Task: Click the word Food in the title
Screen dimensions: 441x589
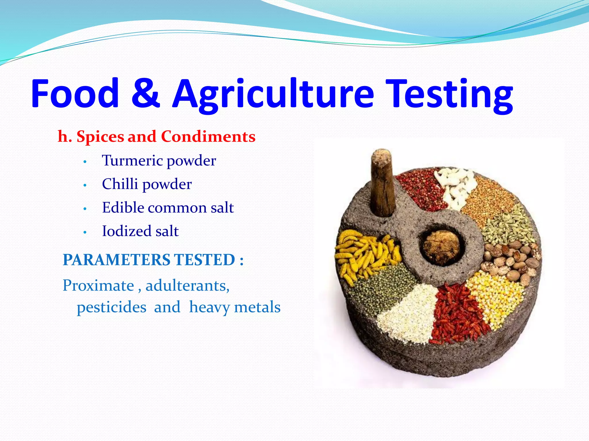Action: tap(75, 93)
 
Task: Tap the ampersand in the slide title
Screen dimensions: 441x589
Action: tap(146, 93)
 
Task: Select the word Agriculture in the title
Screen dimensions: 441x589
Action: tap(273, 95)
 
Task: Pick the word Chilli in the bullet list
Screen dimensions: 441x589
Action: tap(120, 184)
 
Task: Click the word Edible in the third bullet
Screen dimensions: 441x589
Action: tap(123, 207)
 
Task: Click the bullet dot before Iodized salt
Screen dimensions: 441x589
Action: tap(85, 232)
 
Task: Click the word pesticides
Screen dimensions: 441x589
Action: tap(111, 307)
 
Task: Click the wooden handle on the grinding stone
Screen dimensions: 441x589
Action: tap(382, 184)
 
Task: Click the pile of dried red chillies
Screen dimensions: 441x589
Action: tap(457, 313)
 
